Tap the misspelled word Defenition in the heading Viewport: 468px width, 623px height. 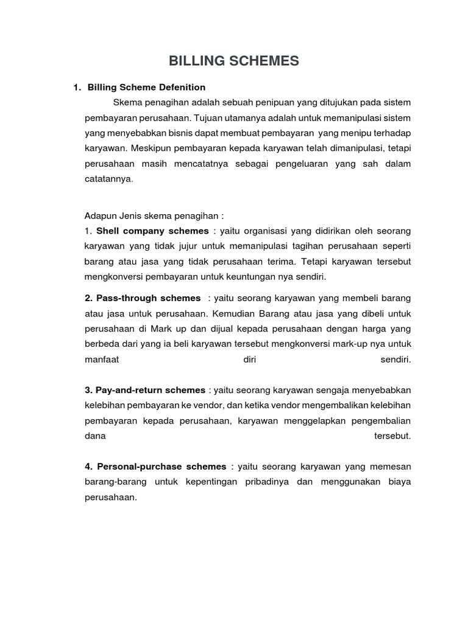point(182,88)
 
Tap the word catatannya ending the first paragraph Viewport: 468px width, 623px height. point(108,179)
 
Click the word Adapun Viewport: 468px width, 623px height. point(100,216)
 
